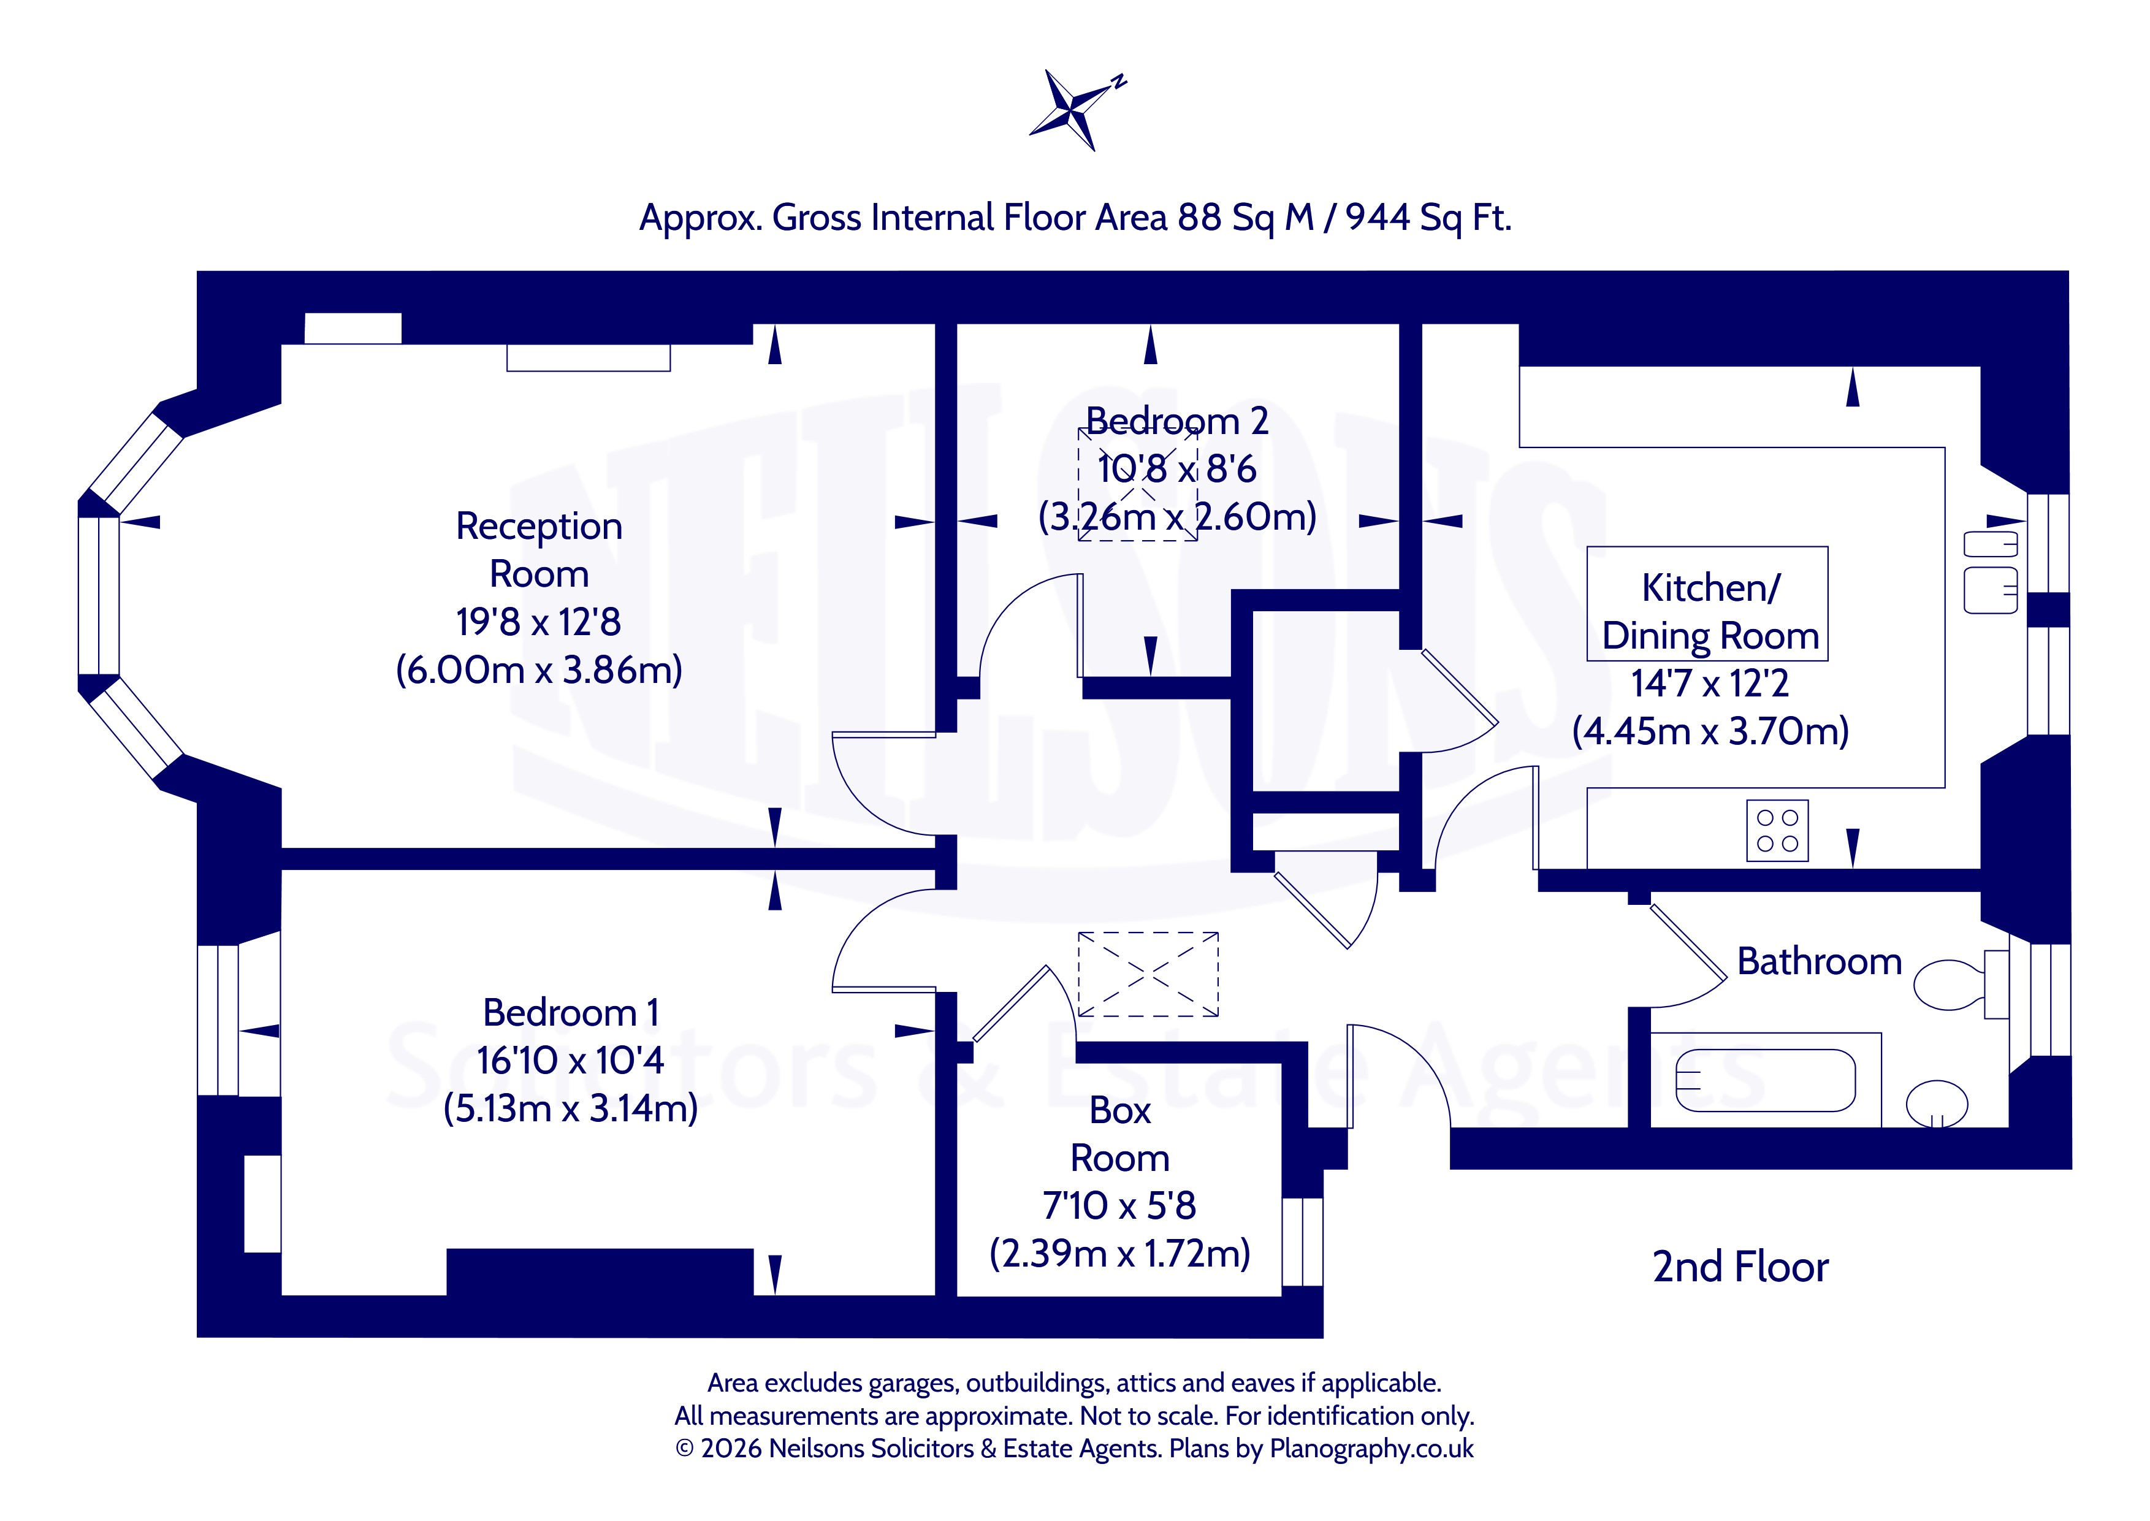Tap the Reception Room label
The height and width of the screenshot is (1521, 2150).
(x=539, y=550)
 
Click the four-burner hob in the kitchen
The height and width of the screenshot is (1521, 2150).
(x=1777, y=831)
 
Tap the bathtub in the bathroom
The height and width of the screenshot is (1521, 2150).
(x=1765, y=1080)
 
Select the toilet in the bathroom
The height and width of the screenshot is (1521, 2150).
(x=1961, y=985)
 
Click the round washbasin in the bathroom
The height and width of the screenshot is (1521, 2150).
(x=1937, y=1104)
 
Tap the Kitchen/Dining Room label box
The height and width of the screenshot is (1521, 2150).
(x=1707, y=603)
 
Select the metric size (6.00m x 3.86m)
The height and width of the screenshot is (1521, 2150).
(x=539, y=669)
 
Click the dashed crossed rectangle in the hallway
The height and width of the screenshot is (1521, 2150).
(x=1148, y=974)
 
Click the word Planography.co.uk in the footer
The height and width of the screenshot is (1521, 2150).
(x=1371, y=1449)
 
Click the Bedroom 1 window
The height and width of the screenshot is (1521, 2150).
(x=218, y=1020)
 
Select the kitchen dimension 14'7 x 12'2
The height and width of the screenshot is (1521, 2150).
(x=1710, y=684)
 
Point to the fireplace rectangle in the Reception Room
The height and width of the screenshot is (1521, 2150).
(x=588, y=358)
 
